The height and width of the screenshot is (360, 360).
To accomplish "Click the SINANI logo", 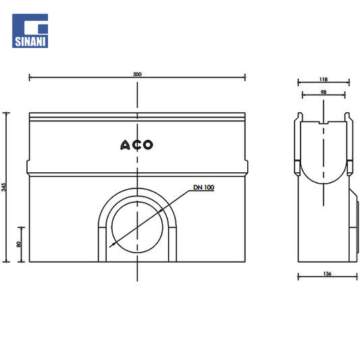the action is click(x=30, y=31).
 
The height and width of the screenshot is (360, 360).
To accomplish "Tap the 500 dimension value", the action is click(x=137, y=74).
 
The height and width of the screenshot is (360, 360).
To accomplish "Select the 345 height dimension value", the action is click(x=3, y=187).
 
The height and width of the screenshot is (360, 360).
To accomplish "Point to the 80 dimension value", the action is click(x=19, y=244).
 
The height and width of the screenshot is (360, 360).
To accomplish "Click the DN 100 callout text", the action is click(x=204, y=187).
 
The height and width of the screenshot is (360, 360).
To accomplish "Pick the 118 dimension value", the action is click(x=324, y=79).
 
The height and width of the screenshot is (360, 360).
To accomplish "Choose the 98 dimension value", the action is click(x=324, y=92).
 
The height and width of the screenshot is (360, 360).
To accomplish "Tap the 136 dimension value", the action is click(x=327, y=274).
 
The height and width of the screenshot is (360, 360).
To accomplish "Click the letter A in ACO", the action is click(x=126, y=145).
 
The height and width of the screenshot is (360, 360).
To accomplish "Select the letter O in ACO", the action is click(x=148, y=145).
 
